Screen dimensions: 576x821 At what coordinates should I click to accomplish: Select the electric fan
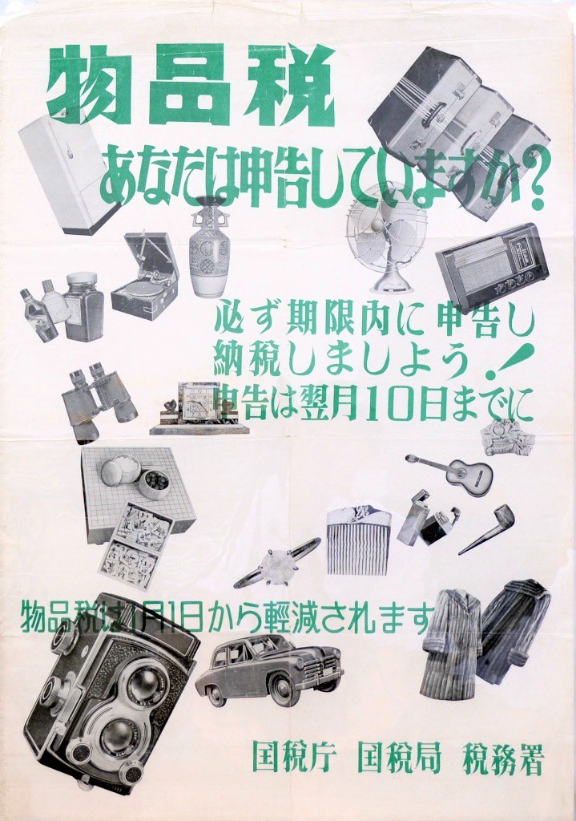[x=386, y=237]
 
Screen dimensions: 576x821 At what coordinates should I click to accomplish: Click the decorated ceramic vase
[x=209, y=247]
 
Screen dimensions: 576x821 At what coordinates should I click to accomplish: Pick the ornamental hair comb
[x=358, y=541]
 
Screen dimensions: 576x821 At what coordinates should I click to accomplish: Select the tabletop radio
[x=493, y=265]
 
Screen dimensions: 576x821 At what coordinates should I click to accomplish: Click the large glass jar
[x=83, y=305]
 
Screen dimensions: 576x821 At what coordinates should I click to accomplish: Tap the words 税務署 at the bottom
[x=503, y=758]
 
